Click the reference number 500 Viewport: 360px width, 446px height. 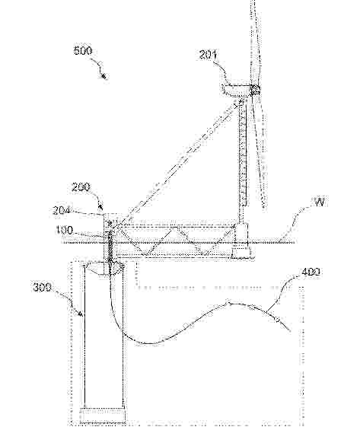click(83, 51)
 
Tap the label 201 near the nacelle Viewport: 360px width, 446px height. click(208, 55)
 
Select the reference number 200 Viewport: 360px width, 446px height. click(81, 187)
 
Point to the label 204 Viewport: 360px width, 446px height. click(62, 211)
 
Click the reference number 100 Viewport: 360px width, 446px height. click(64, 231)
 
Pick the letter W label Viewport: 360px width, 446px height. click(320, 202)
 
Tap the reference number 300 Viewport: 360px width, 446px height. click(43, 287)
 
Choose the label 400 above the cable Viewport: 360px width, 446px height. click(311, 272)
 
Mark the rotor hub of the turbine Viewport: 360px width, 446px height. click(255, 90)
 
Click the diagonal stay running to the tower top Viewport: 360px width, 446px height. click(175, 164)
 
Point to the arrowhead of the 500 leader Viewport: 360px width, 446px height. click(104, 76)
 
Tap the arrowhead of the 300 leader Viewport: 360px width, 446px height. click(80, 314)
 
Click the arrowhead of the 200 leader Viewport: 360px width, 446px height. click(100, 203)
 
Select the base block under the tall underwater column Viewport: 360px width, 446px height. click(103, 416)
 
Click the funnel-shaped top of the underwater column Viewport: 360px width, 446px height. click(104, 268)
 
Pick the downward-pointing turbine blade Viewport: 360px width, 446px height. click(259, 151)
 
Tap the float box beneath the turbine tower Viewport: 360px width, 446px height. click(241, 241)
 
